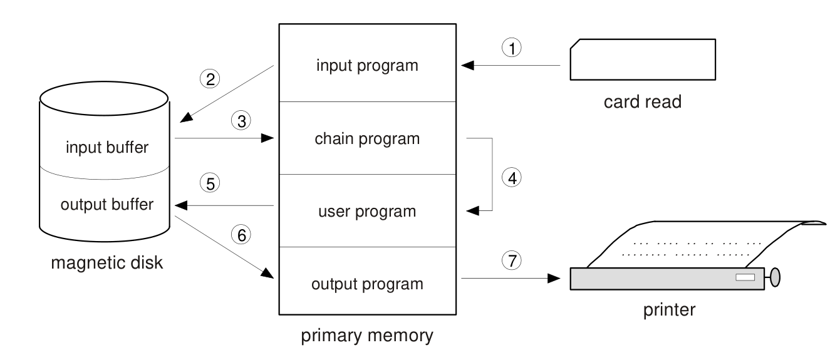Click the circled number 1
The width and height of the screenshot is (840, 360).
tap(512, 48)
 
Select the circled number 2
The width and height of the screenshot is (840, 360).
tap(210, 79)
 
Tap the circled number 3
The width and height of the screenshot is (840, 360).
tap(241, 121)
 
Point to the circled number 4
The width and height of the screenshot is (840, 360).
tap(512, 177)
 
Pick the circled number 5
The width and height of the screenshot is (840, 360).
tap(210, 183)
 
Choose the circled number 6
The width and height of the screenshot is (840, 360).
tap(241, 235)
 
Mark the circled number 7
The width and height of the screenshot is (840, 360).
tap(512, 260)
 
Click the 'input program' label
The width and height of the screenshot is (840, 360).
tap(367, 66)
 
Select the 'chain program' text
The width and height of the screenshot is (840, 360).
tap(367, 139)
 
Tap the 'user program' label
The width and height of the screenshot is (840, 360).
tap(367, 212)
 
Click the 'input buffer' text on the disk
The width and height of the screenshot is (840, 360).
tap(107, 147)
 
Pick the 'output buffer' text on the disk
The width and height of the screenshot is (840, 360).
tap(107, 205)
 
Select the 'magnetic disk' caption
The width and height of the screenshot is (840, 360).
tap(107, 263)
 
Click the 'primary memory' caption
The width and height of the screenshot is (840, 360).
tap(367, 336)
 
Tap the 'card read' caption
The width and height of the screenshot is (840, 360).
tap(643, 102)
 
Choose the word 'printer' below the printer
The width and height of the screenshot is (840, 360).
tap(670, 310)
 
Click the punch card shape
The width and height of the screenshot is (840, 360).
tap(643, 59)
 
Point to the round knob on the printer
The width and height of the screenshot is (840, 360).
tap(775, 277)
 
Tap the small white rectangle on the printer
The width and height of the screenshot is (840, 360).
tap(745, 277)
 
